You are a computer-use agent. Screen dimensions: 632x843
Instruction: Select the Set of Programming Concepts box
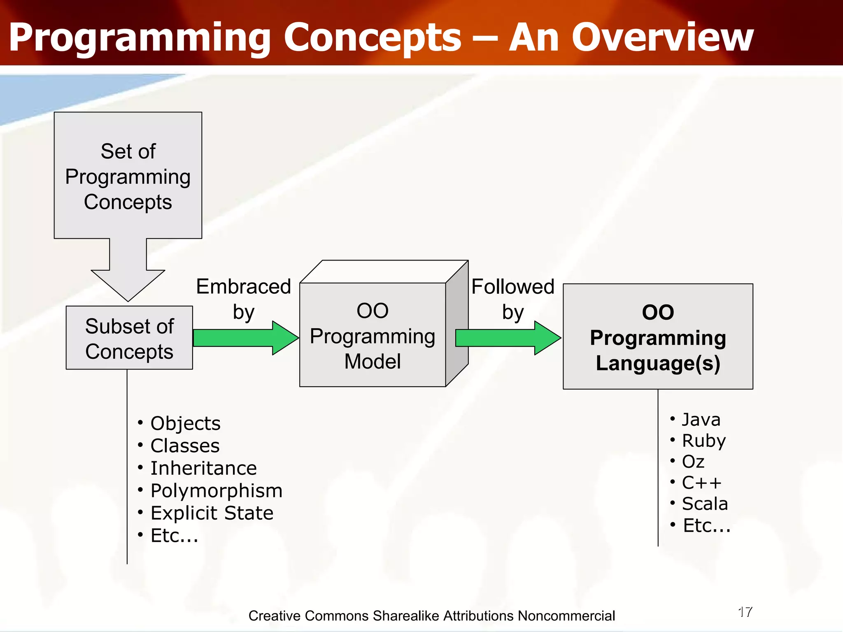coord(128,176)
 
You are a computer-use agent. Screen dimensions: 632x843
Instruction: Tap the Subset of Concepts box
coord(129,338)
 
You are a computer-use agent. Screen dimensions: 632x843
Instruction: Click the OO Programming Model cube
coord(373,335)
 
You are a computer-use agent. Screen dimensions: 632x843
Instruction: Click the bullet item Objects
coord(185,423)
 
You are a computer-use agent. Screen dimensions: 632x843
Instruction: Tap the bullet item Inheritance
coord(203,468)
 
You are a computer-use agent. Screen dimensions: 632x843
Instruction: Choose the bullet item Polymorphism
coord(216,490)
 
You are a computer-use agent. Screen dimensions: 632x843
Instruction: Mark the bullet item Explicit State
coord(212,513)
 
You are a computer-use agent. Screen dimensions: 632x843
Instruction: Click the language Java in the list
coord(701,420)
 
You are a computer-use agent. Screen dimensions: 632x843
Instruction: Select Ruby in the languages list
coord(703,441)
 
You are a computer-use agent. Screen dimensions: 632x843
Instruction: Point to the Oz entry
coord(693,462)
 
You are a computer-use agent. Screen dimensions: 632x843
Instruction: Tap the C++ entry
coord(701,483)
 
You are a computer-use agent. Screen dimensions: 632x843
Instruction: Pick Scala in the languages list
coord(705,504)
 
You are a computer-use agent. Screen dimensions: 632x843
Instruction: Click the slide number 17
coord(745,612)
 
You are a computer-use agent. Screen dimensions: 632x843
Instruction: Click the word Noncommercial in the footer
coord(566,616)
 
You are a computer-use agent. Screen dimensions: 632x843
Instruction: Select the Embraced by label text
coord(244,299)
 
